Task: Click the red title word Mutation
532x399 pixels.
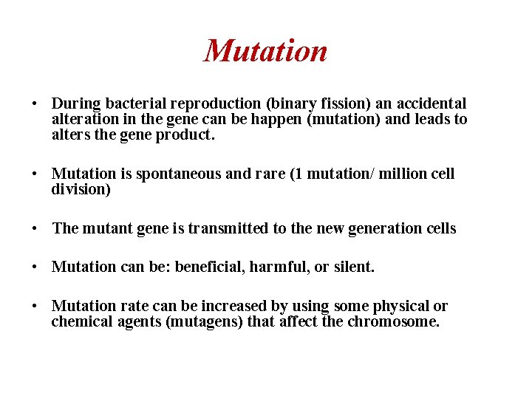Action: coord(265,51)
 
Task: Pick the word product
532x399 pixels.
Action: coord(188,135)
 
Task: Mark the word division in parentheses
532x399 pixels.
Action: coord(80,189)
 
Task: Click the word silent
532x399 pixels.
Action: coord(352,267)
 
